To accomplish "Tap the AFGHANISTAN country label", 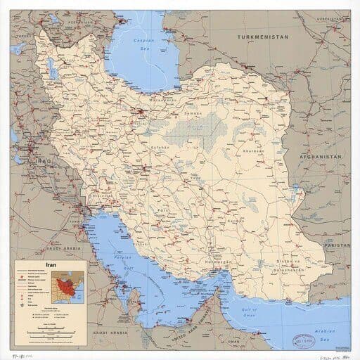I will point(321,156).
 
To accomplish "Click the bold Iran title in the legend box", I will point(51,266).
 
